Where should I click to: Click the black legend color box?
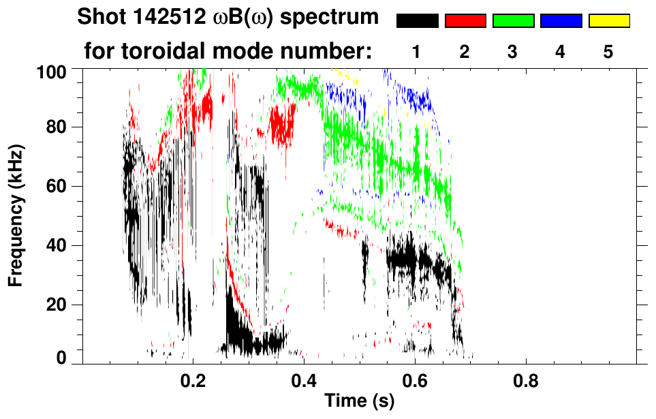pos(417,21)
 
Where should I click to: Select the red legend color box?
pos(465,21)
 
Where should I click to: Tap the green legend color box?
pos(513,21)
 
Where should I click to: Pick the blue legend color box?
pos(561,21)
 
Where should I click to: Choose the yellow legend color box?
pos(609,21)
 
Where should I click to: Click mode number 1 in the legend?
pos(417,52)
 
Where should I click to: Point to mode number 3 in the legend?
pos(513,52)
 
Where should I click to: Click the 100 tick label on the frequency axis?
pos(52,70)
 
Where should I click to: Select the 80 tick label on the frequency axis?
pos(56,127)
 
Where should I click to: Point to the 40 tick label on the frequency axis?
pos(56,245)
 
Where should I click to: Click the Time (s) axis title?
pos(359,402)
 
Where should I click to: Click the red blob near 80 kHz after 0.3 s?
pos(282,123)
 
